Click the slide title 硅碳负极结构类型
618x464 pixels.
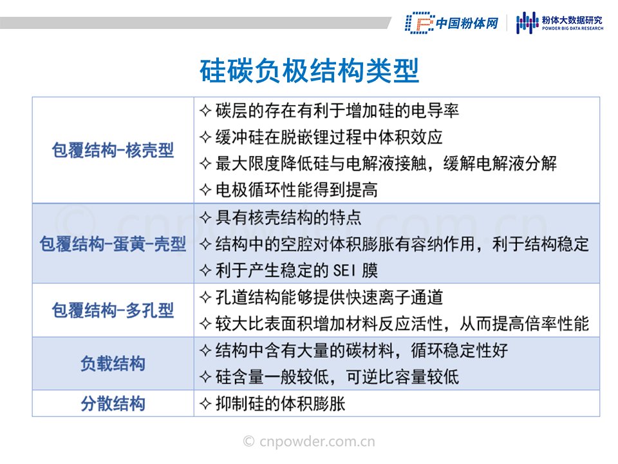[309, 71]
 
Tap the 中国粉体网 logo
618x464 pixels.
[452, 23]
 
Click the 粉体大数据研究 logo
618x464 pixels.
[559, 23]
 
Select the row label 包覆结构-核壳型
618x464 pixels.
[113, 150]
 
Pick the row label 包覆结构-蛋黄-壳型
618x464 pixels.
[113, 244]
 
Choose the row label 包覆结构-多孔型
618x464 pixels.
[113, 310]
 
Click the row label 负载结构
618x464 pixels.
[113, 363]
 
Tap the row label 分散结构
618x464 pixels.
[113, 403]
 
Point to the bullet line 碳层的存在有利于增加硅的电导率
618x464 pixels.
[337, 110]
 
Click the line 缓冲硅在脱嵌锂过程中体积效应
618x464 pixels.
[329, 137]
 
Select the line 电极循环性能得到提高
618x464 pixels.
[296, 189]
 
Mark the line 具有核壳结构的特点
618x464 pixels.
[288, 217]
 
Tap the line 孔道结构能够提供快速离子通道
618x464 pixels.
[329, 298]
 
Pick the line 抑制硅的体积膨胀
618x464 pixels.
[280, 403]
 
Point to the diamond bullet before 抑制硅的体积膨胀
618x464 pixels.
[205, 403]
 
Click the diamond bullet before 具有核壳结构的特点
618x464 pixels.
[205, 217]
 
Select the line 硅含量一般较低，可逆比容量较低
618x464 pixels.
[337, 377]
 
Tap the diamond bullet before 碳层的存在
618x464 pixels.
[205, 110]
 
